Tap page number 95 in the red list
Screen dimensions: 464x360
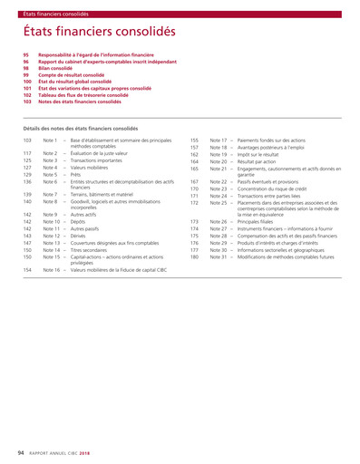(26, 54)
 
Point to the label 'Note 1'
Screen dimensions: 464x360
(51, 140)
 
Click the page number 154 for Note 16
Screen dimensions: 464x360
(27, 270)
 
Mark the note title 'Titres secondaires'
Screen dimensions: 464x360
(94, 249)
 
